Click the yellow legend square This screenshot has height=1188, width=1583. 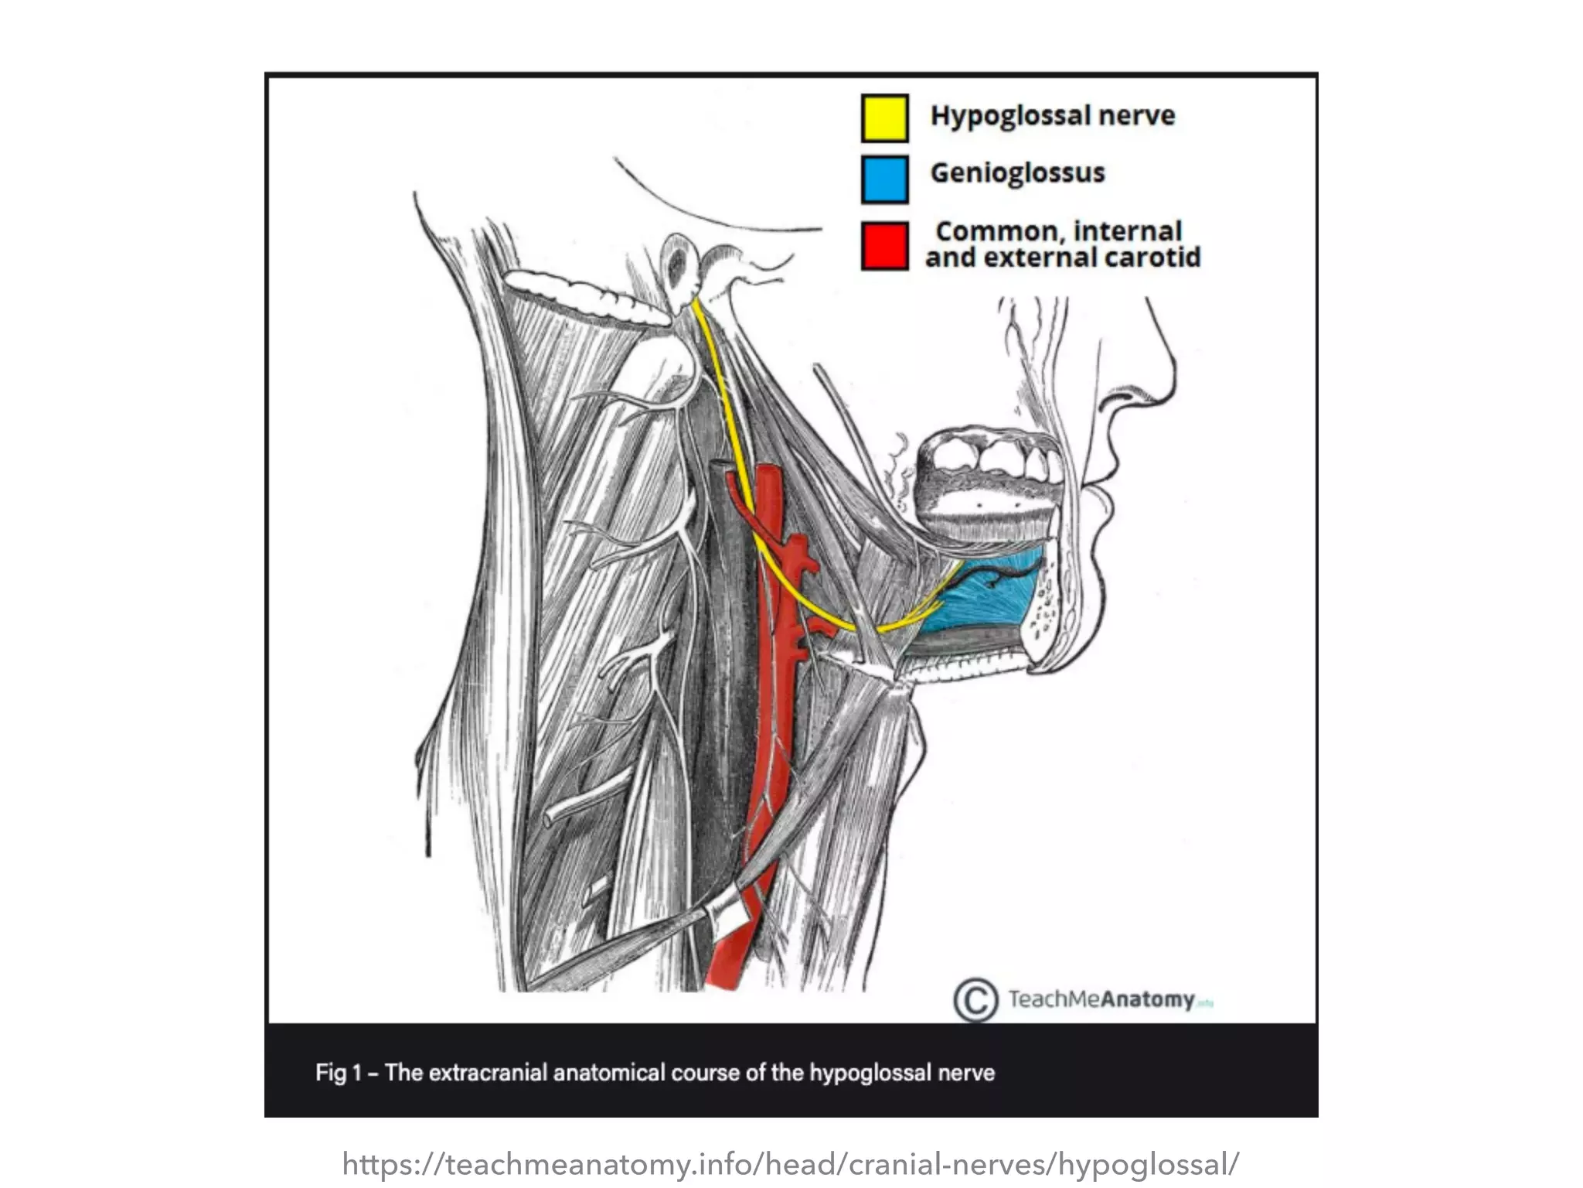884,118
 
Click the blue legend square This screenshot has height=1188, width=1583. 884,179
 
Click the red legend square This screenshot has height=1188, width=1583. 884,246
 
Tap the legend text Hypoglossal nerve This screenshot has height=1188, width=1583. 1052,116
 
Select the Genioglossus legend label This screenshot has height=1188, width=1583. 1017,172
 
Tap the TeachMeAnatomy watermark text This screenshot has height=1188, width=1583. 1101,999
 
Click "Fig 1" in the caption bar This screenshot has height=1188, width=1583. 338,1073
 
